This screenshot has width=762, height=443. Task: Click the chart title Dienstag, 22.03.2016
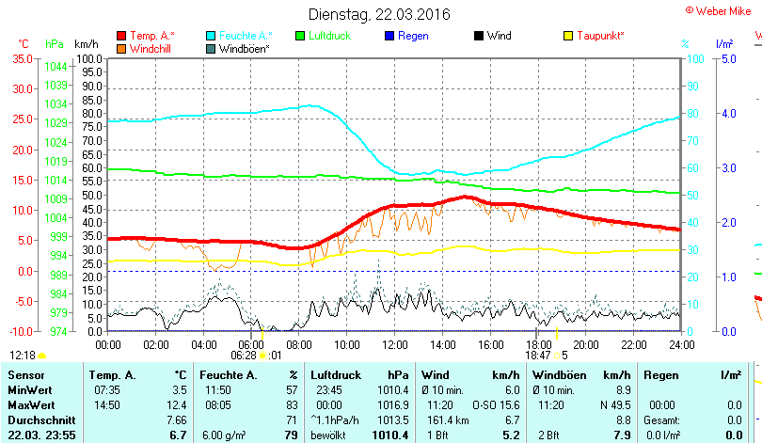379,15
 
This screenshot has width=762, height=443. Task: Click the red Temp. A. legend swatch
121,36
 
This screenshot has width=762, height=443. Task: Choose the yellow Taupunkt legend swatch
568,36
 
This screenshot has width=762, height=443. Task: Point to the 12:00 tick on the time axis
394,343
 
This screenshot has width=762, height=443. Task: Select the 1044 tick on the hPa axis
56,66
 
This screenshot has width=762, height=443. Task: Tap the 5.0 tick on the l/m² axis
728,58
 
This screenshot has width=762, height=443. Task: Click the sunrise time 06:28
243,355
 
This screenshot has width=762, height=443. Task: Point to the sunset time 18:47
538,355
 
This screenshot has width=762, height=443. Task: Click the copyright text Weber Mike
722,9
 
